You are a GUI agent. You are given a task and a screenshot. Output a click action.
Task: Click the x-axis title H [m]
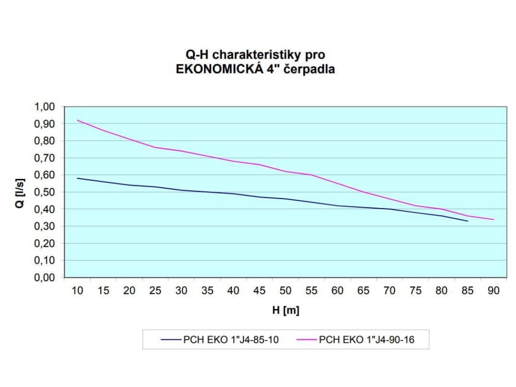286,310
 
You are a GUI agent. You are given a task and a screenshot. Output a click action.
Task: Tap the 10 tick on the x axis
78,291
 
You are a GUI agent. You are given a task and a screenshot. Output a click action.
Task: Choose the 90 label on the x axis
493,291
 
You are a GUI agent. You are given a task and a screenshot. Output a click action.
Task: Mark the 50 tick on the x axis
285,291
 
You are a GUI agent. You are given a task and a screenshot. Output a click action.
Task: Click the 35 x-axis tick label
207,291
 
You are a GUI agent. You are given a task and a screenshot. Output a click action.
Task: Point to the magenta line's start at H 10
78,120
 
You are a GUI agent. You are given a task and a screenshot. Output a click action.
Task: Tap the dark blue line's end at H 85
467,221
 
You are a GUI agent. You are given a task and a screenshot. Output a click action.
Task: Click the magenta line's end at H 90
493,219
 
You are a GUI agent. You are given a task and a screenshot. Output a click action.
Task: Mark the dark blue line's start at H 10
78,178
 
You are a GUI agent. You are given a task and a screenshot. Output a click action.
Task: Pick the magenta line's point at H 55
311,175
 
